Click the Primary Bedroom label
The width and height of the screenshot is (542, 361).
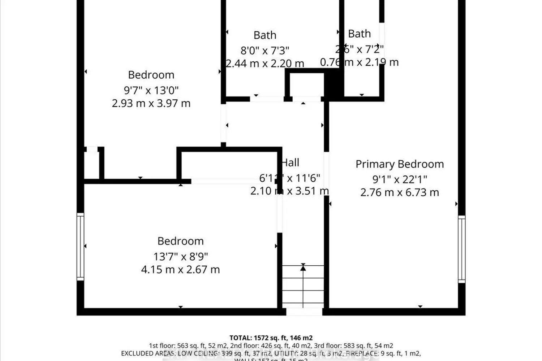pyautogui.click(x=399, y=164)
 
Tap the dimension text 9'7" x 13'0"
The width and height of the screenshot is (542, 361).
pyautogui.click(x=151, y=90)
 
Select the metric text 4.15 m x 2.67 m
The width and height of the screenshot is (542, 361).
pyautogui.click(x=180, y=270)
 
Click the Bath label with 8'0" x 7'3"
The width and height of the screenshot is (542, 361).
pyautogui.click(x=265, y=35)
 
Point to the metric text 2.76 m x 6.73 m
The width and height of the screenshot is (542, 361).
pyautogui.click(x=399, y=192)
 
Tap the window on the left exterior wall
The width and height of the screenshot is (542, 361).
pyautogui.click(x=80, y=247)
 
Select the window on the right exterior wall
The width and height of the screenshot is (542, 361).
pyautogui.click(x=461, y=249)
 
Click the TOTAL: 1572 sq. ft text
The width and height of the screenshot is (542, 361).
pyautogui.click(x=271, y=338)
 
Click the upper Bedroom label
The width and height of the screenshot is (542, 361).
pyautogui.click(x=151, y=75)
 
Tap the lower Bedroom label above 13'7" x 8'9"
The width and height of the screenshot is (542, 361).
pyautogui.click(x=180, y=241)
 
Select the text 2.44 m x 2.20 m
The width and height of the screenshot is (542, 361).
pyautogui.click(x=265, y=64)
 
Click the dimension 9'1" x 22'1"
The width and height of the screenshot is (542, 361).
pyautogui.click(x=399, y=179)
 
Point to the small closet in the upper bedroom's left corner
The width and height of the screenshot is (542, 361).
pyautogui.click(x=91, y=164)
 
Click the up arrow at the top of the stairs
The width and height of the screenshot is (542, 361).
pyautogui.click(x=303, y=268)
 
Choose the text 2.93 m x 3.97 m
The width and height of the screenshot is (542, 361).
pyautogui.click(x=151, y=104)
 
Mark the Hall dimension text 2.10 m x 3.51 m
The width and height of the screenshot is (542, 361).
pyautogui.click(x=289, y=191)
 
